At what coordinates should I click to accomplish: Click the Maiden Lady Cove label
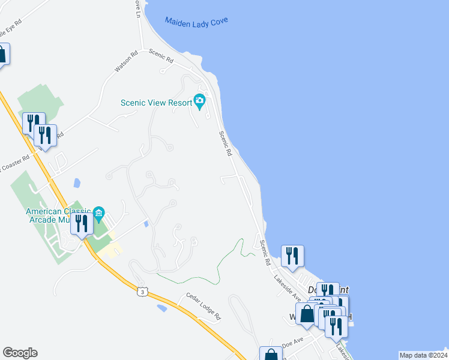pyautogui.click(x=196, y=23)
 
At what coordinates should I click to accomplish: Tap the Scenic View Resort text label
pyautogui.click(x=156, y=102)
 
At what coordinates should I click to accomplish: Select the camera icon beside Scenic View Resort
pyautogui.click(x=199, y=101)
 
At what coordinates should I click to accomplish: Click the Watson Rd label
pyautogui.click(x=127, y=61)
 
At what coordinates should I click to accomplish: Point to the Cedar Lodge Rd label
pyautogui.click(x=203, y=307)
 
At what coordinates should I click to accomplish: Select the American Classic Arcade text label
pyautogui.click(x=58, y=215)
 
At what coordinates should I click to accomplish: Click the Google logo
pyautogui.click(x=20, y=353)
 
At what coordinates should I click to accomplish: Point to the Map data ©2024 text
pyautogui.click(x=423, y=355)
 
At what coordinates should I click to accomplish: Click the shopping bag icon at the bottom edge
pyautogui.click(x=271, y=355)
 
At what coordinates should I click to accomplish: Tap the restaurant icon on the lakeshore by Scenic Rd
pyautogui.click(x=292, y=256)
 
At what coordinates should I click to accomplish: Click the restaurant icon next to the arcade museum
pyautogui.click(x=82, y=224)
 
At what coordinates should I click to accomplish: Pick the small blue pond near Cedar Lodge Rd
pyautogui.click(x=162, y=308)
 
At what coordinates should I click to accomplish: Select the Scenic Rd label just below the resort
pyautogui.click(x=225, y=144)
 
